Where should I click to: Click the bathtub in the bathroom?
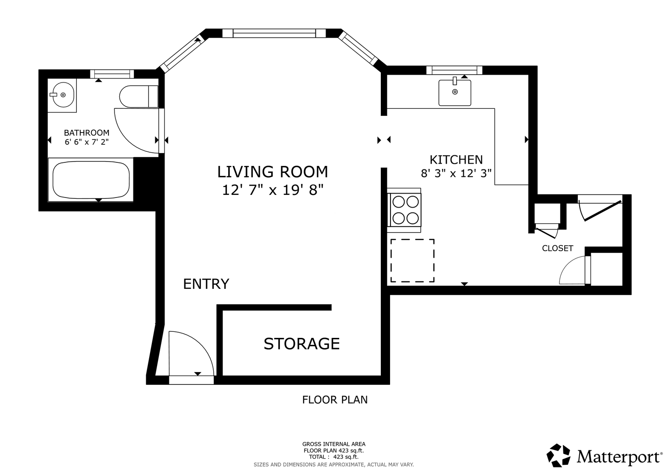pyautogui.click(x=91, y=180)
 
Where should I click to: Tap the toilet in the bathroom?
pyautogui.click(x=139, y=97)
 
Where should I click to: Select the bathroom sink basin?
pyautogui.click(x=63, y=95)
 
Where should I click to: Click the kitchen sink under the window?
pyautogui.click(x=455, y=93)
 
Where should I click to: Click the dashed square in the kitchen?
pyautogui.click(x=412, y=261)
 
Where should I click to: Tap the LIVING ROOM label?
pyautogui.click(x=272, y=172)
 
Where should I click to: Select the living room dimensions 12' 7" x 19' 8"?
pyautogui.click(x=272, y=190)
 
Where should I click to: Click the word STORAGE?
pyautogui.click(x=301, y=344)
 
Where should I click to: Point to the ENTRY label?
pyautogui.click(x=206, y=284)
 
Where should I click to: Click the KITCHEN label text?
pyautogui.click(x=456, y=160)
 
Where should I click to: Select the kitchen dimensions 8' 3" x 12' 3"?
pyautogui.click(x=456, y=173)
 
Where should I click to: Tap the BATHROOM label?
pyautogui.click(x=86, y=133)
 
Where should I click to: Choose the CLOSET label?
pyautogui.click(x=558, y=248)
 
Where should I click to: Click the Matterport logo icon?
pyautogui.click(x=559, y=455)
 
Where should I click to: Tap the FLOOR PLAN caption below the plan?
pyautogui.click(x=335, y=400)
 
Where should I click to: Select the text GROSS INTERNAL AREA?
pyautogui.click(x=334, y=444)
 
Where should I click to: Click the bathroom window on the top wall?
pyautogui.click(x=112, y=74)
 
